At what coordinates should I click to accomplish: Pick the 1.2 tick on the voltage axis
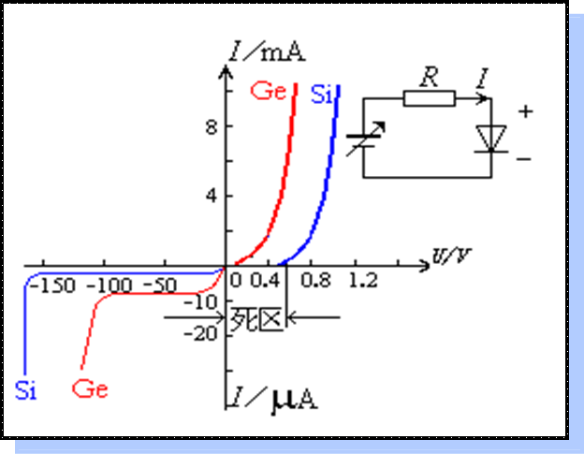(x=363, y=281)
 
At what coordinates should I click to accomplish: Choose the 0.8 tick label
(x=317, y=281)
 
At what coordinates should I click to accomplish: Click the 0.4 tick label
(x=267, y=281)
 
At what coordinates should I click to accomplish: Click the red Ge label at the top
(x=267, y=92)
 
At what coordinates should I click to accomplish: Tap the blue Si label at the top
(x=322, y=94)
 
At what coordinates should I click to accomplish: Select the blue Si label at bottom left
(x=25, y=390)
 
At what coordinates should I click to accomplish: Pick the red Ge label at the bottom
(x=89, y=388)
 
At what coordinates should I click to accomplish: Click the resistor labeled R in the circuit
(x=430, y=97)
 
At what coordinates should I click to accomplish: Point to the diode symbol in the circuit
(x=490, y=138)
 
